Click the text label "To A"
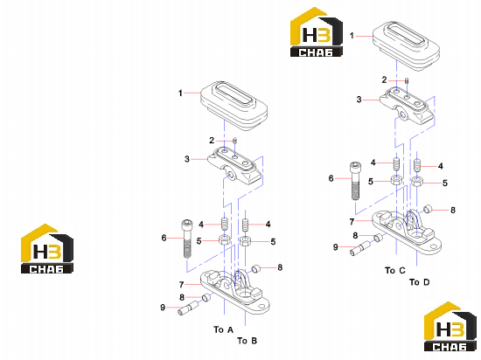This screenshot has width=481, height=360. tap(223, 329)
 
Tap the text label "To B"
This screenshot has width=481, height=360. tap(247, 341)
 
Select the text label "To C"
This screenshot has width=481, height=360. tap(395, 270)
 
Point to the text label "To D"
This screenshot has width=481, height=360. tap(419, 282)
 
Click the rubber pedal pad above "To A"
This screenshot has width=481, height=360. tap(234, 106)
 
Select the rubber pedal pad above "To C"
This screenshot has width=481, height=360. tap(406, 46)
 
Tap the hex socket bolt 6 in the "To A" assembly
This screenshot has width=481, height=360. tap(187, 239)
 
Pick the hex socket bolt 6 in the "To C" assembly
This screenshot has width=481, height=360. tap(355, 181)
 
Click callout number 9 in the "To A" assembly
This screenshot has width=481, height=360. tap(163, 307)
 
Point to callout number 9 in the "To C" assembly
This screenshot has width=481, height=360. tap(335, 247)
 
